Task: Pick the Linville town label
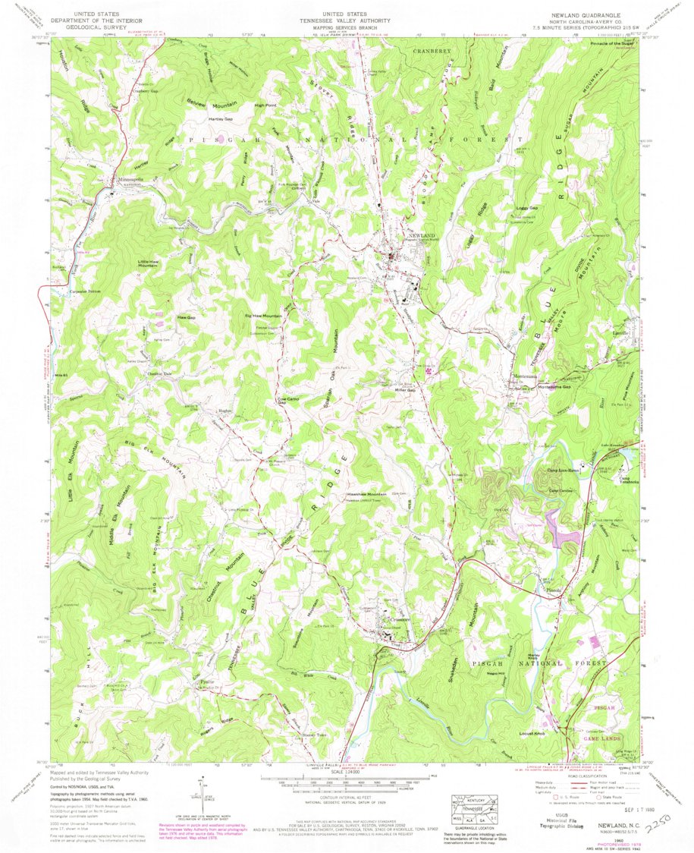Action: (x=624, y=332)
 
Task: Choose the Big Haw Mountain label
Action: (x=262, y=315)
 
